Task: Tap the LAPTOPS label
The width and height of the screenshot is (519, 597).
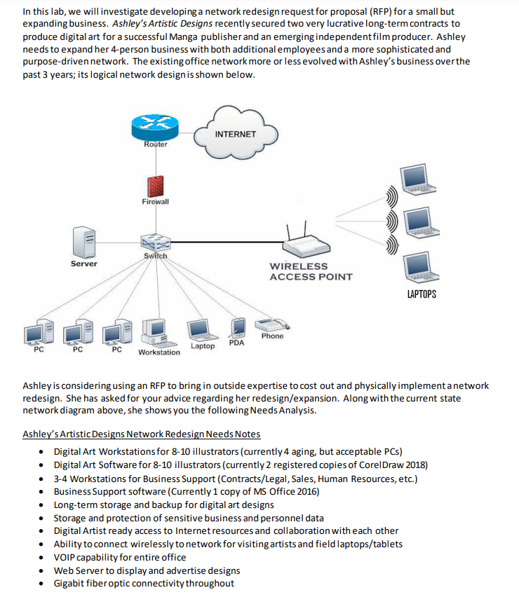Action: pos(421,294)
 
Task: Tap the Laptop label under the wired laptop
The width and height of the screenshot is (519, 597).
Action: pos(203,346)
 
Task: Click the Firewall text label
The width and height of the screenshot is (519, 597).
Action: pos(155,202)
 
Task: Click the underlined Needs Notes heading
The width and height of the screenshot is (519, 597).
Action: pos(141,434)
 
